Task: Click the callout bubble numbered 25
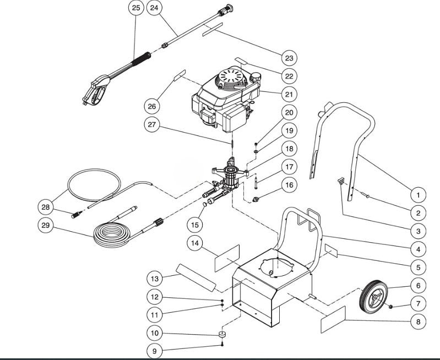[136, 8]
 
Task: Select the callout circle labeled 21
[289, 94]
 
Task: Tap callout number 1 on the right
[418, 194]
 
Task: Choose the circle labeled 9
[155, 351]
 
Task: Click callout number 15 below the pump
[193, 225]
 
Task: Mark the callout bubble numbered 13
[155, 279]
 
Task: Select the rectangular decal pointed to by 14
[227, 258]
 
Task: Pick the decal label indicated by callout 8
[333, 319]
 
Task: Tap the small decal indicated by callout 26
[180, 75]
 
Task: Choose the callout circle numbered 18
[289, 148]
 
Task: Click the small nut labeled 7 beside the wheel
[391, 306]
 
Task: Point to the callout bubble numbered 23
[289, 58]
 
